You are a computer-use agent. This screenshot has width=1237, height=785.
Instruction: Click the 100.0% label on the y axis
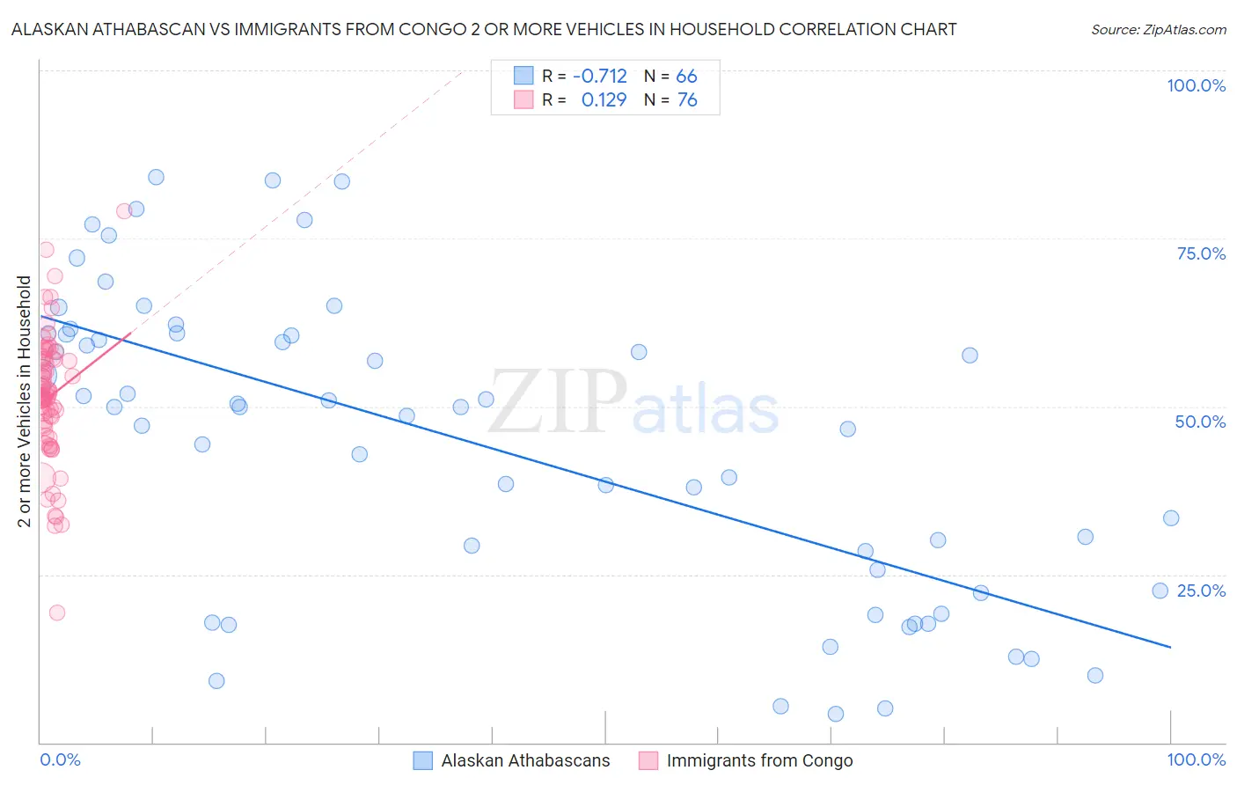pos(1196,85)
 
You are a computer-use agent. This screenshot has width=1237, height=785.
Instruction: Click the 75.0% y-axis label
pos(1201,253)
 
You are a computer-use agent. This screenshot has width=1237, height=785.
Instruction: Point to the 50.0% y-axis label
pos(1200,422)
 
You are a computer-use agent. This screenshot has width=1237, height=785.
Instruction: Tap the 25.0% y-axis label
pos(1201,590)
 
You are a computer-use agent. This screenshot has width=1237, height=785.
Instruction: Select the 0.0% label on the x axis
pos(60,759)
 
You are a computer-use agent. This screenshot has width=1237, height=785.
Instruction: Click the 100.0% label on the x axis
pos(1196,759)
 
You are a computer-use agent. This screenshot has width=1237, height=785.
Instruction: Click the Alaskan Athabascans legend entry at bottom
pos(525,760)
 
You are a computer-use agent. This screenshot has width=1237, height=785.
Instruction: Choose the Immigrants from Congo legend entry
pos(759,760)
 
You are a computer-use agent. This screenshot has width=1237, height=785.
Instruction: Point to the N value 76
pos(687,100)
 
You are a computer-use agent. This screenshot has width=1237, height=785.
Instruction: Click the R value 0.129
pos(604,100)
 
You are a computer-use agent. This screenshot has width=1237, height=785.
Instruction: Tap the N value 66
pos(686,77)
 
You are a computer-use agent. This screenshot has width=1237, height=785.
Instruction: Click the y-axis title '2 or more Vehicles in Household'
pos(25,401)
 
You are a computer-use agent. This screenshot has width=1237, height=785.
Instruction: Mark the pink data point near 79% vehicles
pos(124,211)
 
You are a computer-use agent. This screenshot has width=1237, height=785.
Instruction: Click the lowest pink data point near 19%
pos(57,613)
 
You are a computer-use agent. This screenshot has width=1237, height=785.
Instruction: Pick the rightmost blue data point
pos(1171,518)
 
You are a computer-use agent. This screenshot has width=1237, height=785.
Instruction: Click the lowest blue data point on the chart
pos(836,714)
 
